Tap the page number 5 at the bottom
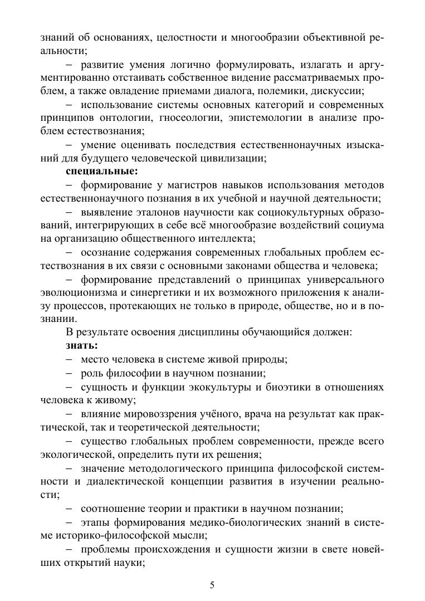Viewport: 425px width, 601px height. [x=212, y=585]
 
